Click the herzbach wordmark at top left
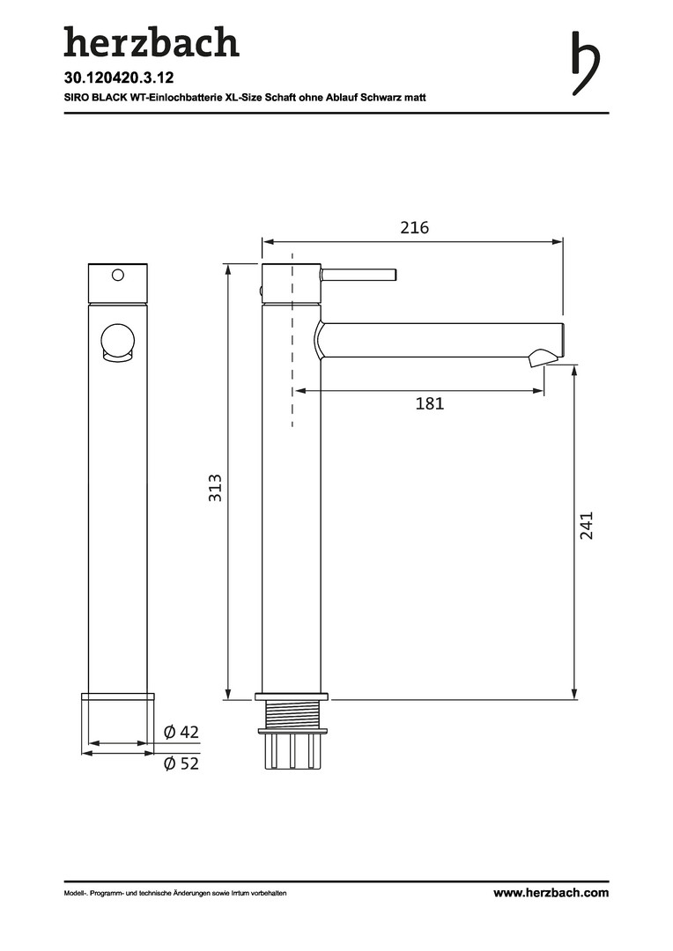(x=152, y=42)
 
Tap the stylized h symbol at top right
(x=585, y=63)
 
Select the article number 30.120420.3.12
(x=119, y=77)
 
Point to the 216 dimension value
(x=415, y=227)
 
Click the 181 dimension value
(x=430, y=403)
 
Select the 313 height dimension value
(x=215, y=488)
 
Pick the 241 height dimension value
(x=586, y=525)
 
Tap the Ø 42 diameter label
(x=181, y=732)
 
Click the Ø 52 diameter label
(x=181, y=763)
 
